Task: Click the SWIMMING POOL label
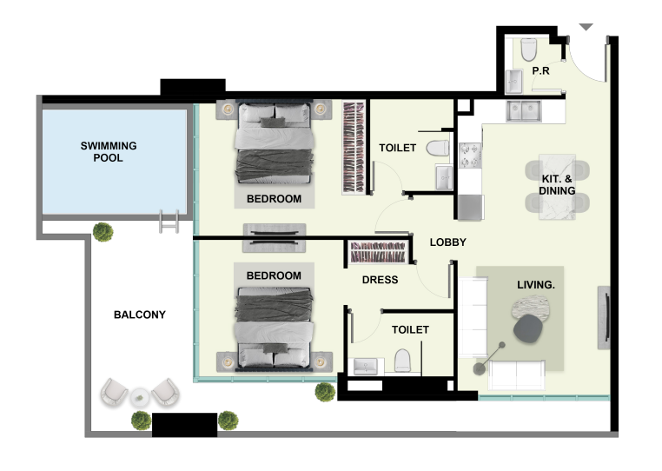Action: point(109,152)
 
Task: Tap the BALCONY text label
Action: point(139,315)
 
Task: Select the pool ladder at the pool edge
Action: point(169,222)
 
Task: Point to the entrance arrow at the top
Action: point(586,28)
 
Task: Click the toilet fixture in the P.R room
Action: point(529,51)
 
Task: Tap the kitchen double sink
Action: point(526,110)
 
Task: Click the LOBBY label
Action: point(448,242)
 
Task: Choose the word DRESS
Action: point(380,280)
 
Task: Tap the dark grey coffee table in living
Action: point(527,328)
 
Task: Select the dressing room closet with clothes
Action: point(377,253)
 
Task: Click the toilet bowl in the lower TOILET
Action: point(403,360)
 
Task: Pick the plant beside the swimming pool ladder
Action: point(103,232)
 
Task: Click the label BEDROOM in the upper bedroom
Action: point(274,199)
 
